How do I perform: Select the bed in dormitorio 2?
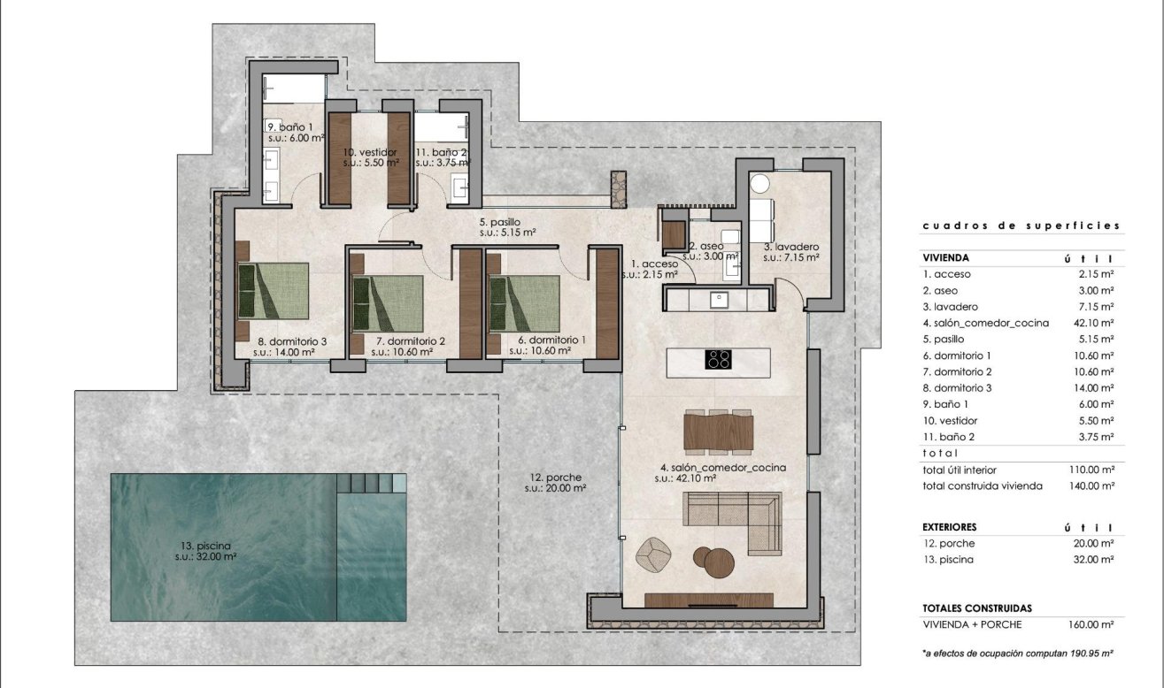[387, 302]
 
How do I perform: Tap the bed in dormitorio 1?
[523, 302]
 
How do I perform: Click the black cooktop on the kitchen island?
[718, 359]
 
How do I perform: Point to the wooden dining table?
[719, 432]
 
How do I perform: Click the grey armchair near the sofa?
[655, 554]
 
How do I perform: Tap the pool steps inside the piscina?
[372, 483]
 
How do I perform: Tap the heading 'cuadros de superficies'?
[1021, 226]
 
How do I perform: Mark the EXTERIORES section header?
[949, 527]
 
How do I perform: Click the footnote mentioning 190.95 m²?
[1017, 654]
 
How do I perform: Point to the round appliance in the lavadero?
[759, 183]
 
